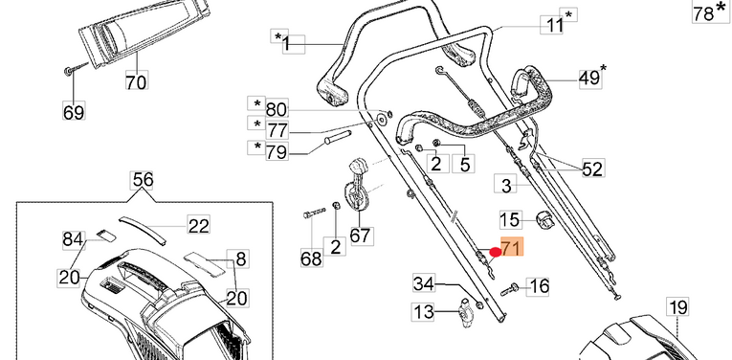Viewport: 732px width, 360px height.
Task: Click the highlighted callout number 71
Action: pos(512,247)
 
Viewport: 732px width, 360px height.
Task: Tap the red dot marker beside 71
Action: pos(496,253)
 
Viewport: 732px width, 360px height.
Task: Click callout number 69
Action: pos(74,112)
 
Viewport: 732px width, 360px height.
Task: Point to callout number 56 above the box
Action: pos(143,180)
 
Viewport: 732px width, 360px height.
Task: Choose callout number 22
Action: pos(198,225)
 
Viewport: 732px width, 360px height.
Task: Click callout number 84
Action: pos(74,240)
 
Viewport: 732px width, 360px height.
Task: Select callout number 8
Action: pos(240,259)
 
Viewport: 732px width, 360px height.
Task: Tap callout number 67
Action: pos(362,235)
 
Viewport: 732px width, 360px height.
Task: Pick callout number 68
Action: pos(311,259)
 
